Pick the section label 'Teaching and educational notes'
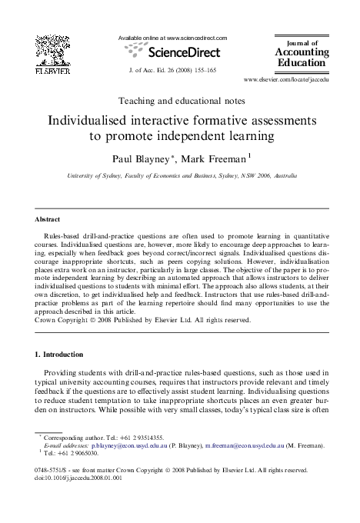(x=179, y=100)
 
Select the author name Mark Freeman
(x=218, y=158)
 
